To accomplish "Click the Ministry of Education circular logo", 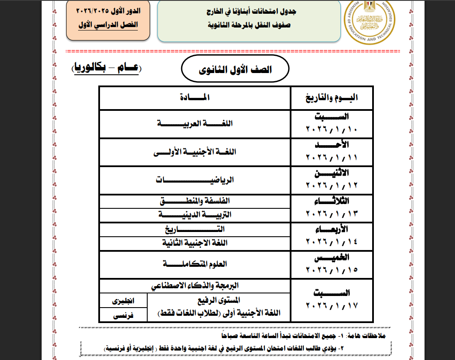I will coord(372,22).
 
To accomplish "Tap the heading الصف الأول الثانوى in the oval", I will coord(235,70).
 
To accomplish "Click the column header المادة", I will coord(195,98).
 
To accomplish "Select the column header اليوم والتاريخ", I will coord(331,98).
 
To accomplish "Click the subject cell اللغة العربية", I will coord(195,124).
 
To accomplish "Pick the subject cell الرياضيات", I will coord(195,180).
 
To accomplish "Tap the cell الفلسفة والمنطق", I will coord(195,201).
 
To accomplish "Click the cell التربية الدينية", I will coord(195,214).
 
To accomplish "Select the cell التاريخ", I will coord(195,229).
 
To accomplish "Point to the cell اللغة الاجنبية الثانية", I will coord(195,243).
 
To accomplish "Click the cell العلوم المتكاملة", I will coord(195,264).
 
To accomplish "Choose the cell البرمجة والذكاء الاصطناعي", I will coord(195,285).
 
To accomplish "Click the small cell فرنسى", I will coord(123,315).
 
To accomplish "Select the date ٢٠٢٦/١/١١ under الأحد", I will coord(332,158).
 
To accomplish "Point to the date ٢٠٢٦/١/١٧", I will coord(332,306).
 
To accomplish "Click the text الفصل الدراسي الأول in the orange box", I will coord(108,24).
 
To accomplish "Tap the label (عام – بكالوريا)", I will coord(106,68).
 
